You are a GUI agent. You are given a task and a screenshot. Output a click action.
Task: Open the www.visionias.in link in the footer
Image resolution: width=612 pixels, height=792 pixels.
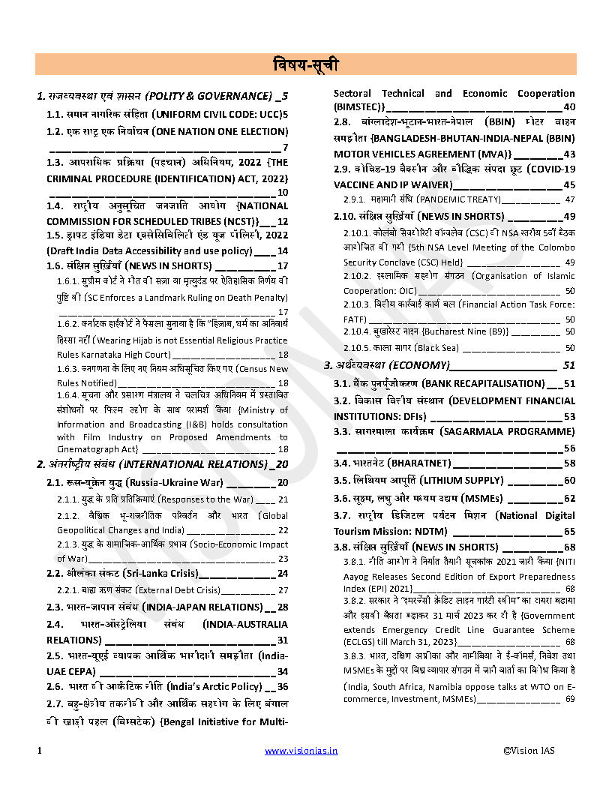(301, 750)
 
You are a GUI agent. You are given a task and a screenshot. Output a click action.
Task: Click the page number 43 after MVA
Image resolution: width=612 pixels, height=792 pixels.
(569, 154)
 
